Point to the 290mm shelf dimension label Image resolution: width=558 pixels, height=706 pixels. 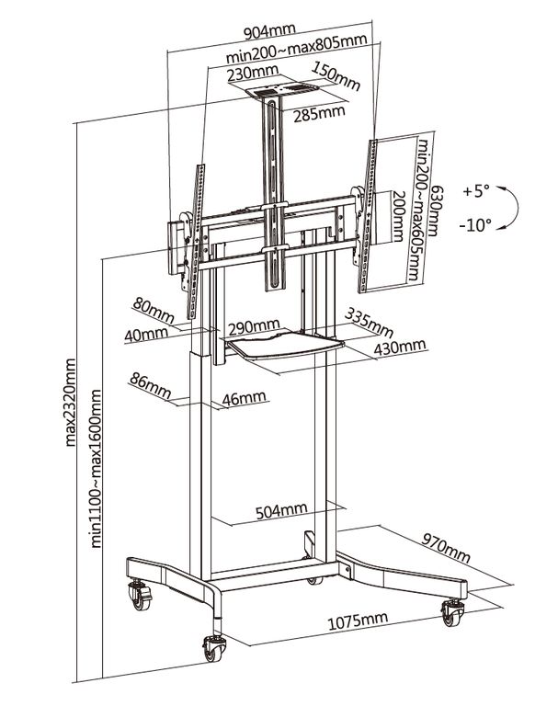click(254, 326)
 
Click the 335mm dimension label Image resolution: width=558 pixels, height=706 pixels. click(368, 323)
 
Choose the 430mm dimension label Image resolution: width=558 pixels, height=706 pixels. click(400, 346)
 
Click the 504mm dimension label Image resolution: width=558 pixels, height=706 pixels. click(280, 509)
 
